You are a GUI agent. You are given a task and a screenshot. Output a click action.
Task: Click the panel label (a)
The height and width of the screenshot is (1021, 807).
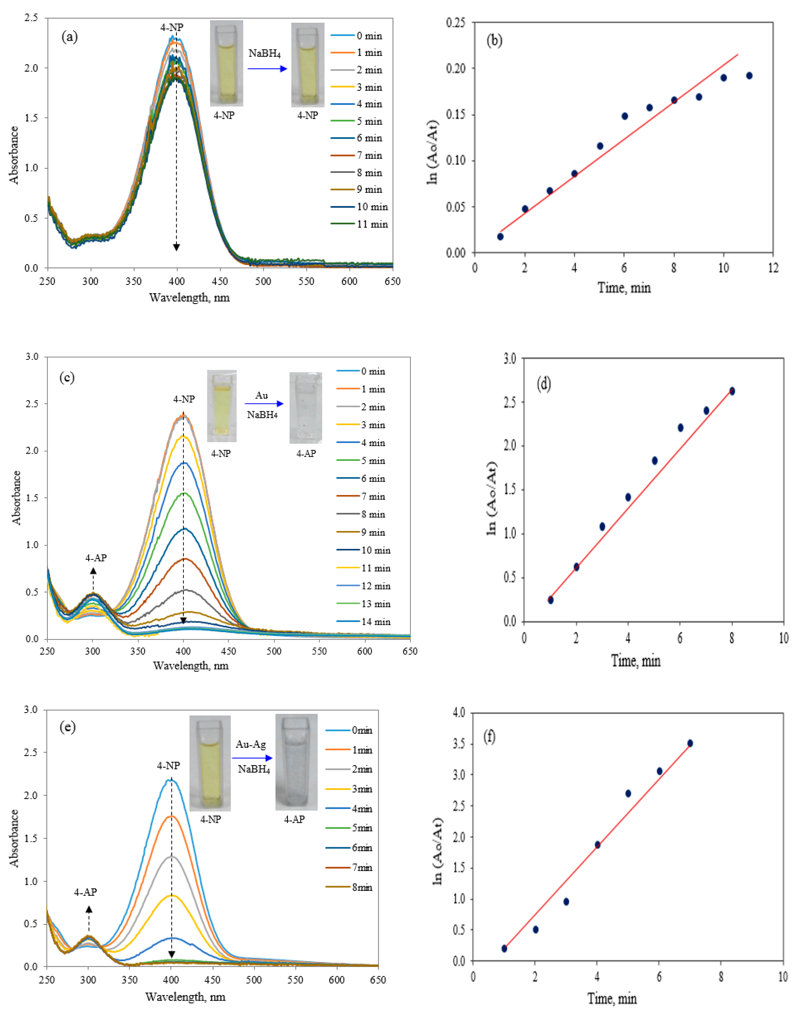point(69,37)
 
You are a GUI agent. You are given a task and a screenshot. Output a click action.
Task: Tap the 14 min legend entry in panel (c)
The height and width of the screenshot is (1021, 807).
point(364,622)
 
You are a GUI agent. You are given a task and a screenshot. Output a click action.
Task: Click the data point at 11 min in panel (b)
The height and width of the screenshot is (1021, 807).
point(749,76)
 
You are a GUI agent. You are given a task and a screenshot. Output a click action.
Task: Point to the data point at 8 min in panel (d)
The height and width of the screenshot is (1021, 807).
point(732,391)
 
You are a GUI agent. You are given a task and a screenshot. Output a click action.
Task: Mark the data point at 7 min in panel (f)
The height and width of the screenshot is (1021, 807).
point(690,743)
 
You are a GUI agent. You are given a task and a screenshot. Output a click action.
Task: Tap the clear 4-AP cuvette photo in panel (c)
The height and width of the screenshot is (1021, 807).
point(306,408)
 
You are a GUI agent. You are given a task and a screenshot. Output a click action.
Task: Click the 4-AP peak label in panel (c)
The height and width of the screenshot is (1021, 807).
point(96,558)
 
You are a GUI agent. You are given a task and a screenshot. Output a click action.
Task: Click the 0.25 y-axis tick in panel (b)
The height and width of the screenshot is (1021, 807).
point(455,23)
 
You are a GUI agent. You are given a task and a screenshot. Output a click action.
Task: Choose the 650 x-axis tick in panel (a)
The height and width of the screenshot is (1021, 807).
point(392,282)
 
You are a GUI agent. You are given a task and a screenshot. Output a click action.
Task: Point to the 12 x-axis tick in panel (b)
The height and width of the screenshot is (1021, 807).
point(773,268)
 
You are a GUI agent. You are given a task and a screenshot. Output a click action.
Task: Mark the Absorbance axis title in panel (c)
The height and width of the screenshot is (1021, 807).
point(16,497)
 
